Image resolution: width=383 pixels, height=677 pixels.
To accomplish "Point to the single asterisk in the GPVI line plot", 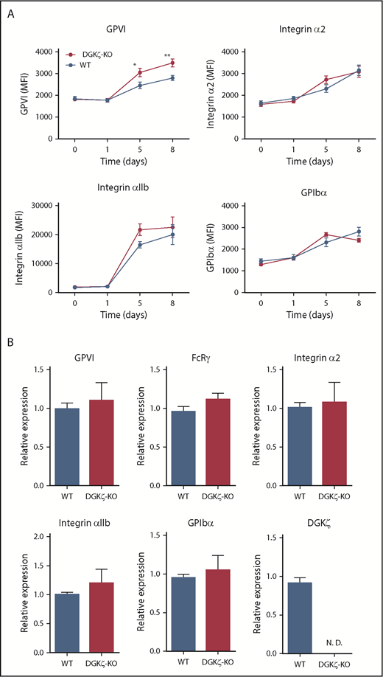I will coord(136,65).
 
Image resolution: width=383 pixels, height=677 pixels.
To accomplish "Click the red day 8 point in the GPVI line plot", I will coord(172,63).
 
